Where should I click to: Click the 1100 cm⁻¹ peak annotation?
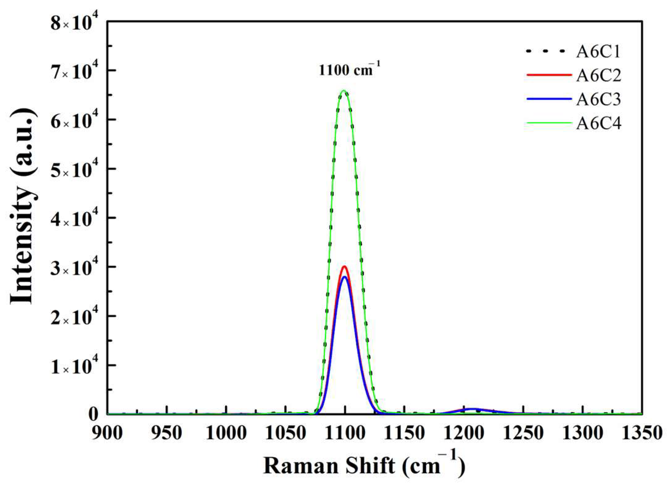click(x=349, y=70)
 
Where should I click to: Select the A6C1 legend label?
click(x=598, y=51)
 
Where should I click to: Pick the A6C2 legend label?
click(x=598, y=75)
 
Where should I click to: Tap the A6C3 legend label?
click(x=598, y=99)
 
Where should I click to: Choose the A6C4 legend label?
click(x=598, y=124)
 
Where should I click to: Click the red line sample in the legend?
click(x=549, y=75)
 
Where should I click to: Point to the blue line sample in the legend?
click(x=549, y=99)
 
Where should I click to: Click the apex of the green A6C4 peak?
click(x=344, y=91)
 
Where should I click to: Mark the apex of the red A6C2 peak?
click(x=344, y=267)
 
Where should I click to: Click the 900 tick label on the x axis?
click(x=107, y=433)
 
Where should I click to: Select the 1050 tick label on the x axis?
click(x=285, y=433)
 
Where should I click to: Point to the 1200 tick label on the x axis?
click(x=464, y=433)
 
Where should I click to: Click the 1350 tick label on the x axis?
click(x=642, y=433)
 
